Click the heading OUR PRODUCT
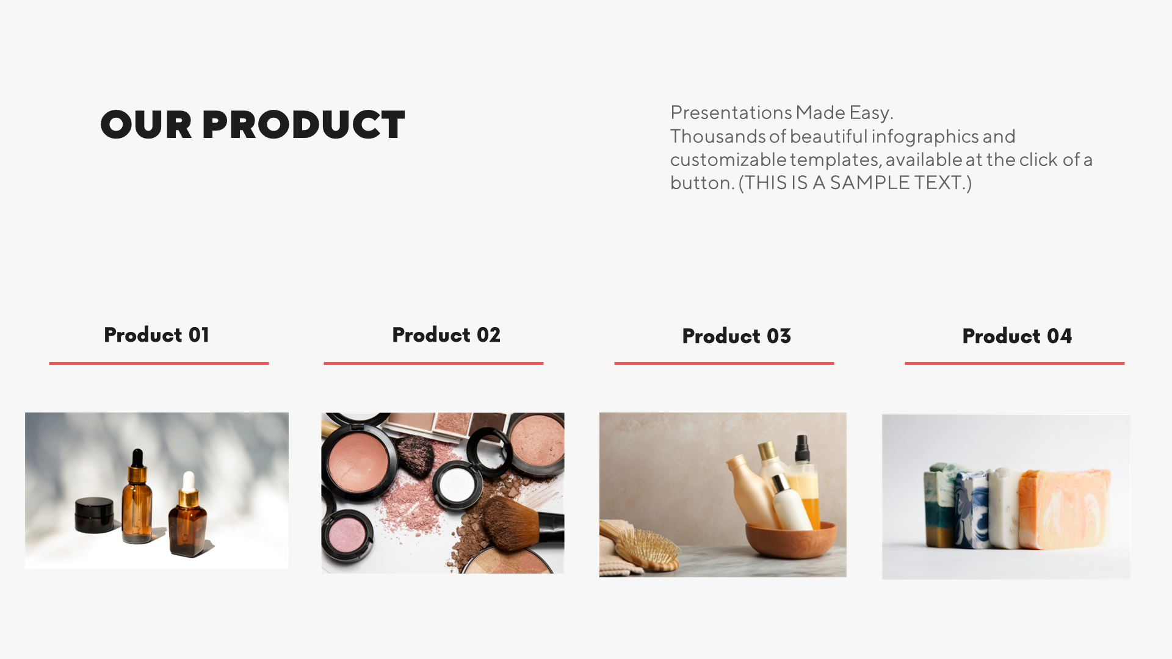pyautogui.click(x=253, y=125)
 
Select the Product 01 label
pyautogui.click(x=156, y=335)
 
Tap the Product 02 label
pyautogui.click(x=446, y=335)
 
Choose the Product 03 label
pyautogui.click(x=736, y=336)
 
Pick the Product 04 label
pyautogui.click(x=1017, y=336)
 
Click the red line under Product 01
pyautogui.click(x=159, y=363)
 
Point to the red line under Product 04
pyautogui.click(x=1015, y=363)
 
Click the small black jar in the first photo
pyautogui.click(x=94, y=515)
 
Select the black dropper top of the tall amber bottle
pyautogui.click(x=137, y=461)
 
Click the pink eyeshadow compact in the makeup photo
pyautogui.click(x=347, y=535)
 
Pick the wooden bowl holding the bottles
pyautogui.click(x=791, y=539)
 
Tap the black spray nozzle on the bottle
pyautogui.click(x=802, y=449)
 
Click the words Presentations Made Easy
pyautogui.click(x=781, y=113)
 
